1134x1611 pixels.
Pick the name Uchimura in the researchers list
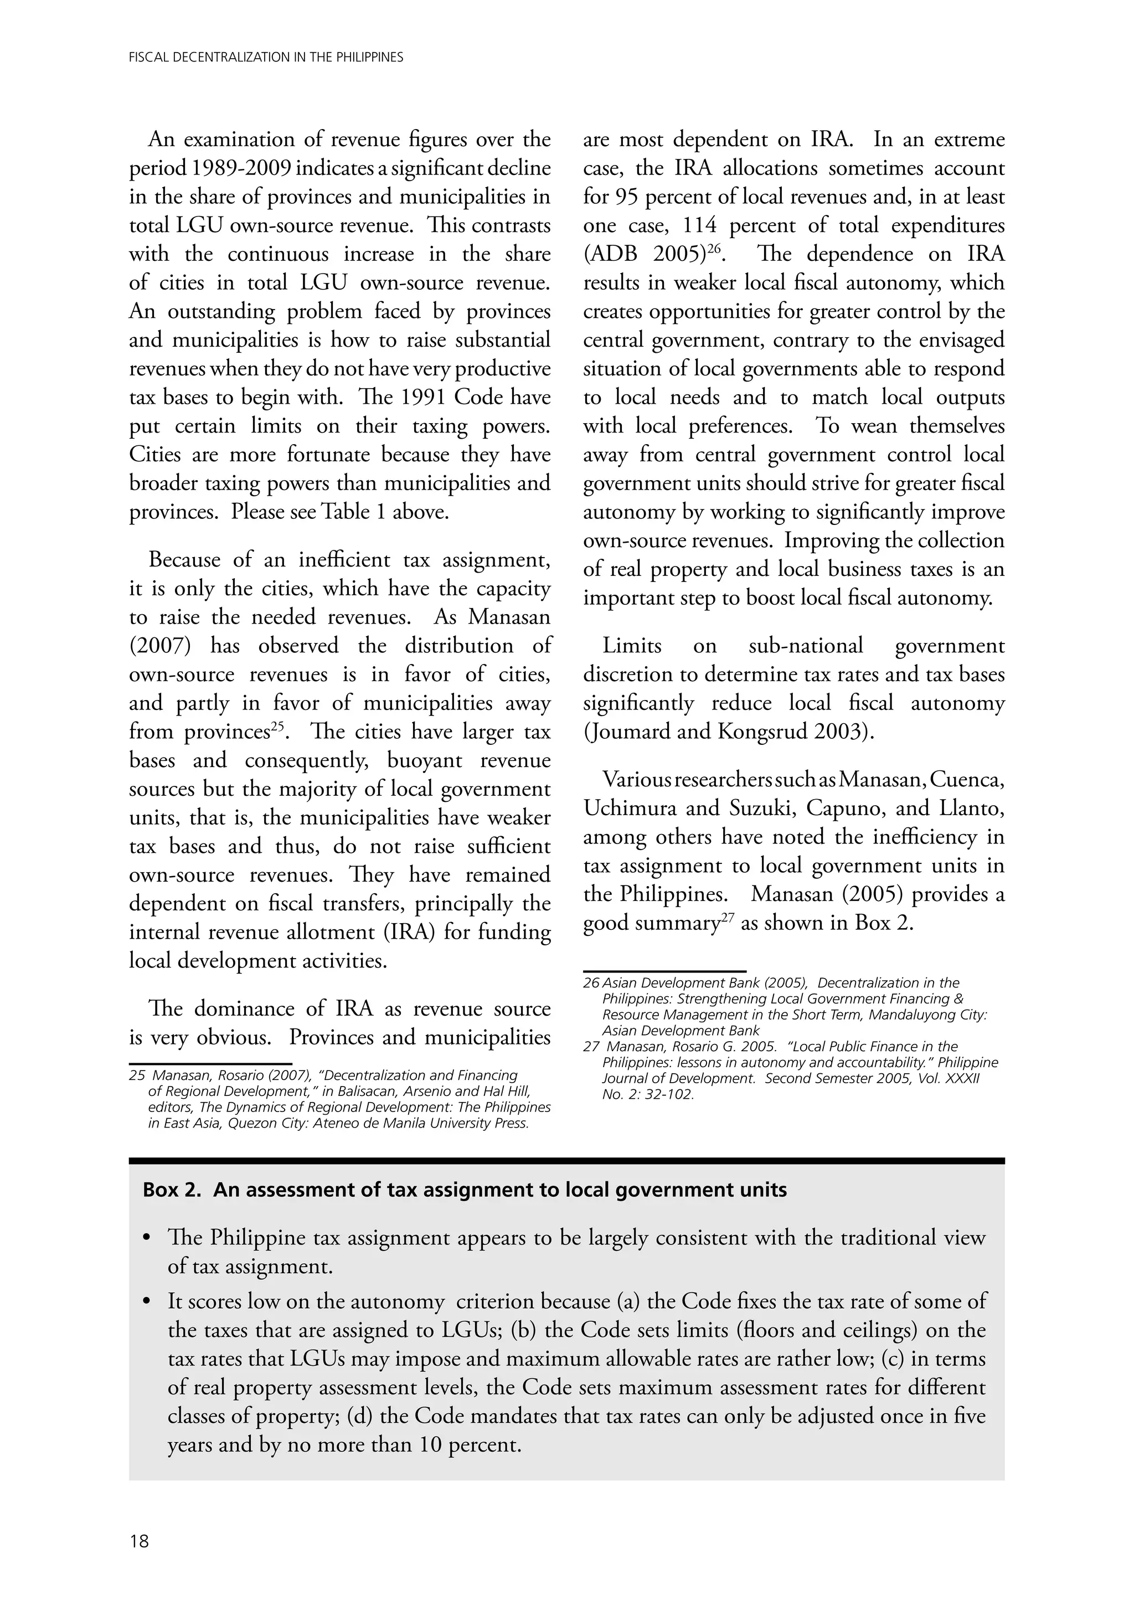pos(630,809)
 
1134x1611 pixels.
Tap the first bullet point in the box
pos(147,1238)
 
